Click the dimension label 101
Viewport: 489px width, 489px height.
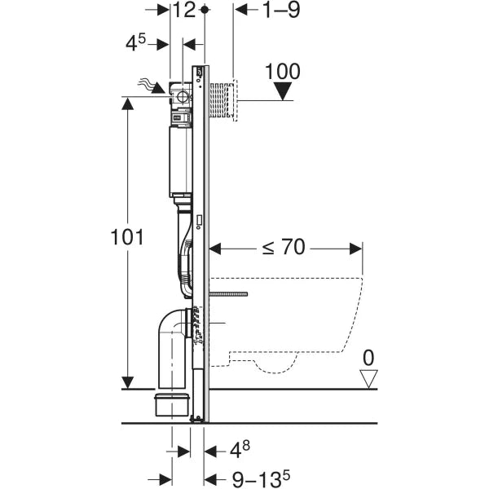pyautogui.click(x=128, y=238)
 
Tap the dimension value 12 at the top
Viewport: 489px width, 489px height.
pyautogui.click(x=185, y=10)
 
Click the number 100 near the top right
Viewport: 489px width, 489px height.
pyautogui.click(x=283, y=71)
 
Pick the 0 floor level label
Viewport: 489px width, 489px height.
pyautogui.click(x=370, y=356)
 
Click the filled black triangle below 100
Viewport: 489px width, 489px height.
pyautogui.click(x=283, y=91)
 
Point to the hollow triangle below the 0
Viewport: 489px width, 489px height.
pyautogui.click(x=370, y=377)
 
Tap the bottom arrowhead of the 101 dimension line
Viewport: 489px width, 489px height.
pyautogui.click(x=128, y=381)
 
